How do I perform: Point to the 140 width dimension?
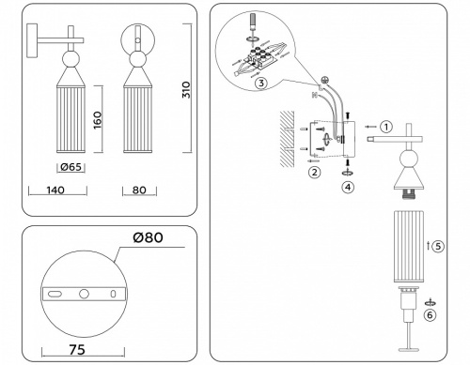pos(55,189)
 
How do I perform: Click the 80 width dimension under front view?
pos(138,189)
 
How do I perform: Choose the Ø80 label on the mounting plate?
pos(146,236)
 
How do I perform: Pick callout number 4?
pos(350,187)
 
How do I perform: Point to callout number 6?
pos(430,316)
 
